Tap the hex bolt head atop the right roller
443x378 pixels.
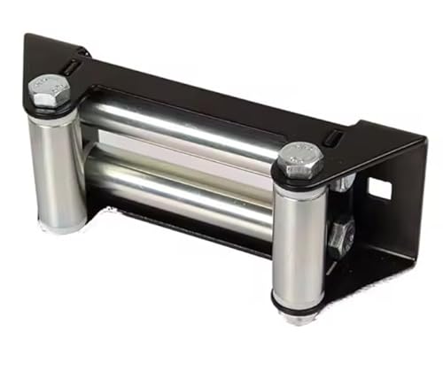tap(299, 160)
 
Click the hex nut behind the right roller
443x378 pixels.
tap(340, 235)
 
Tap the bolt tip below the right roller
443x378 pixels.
tap(299, 316)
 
